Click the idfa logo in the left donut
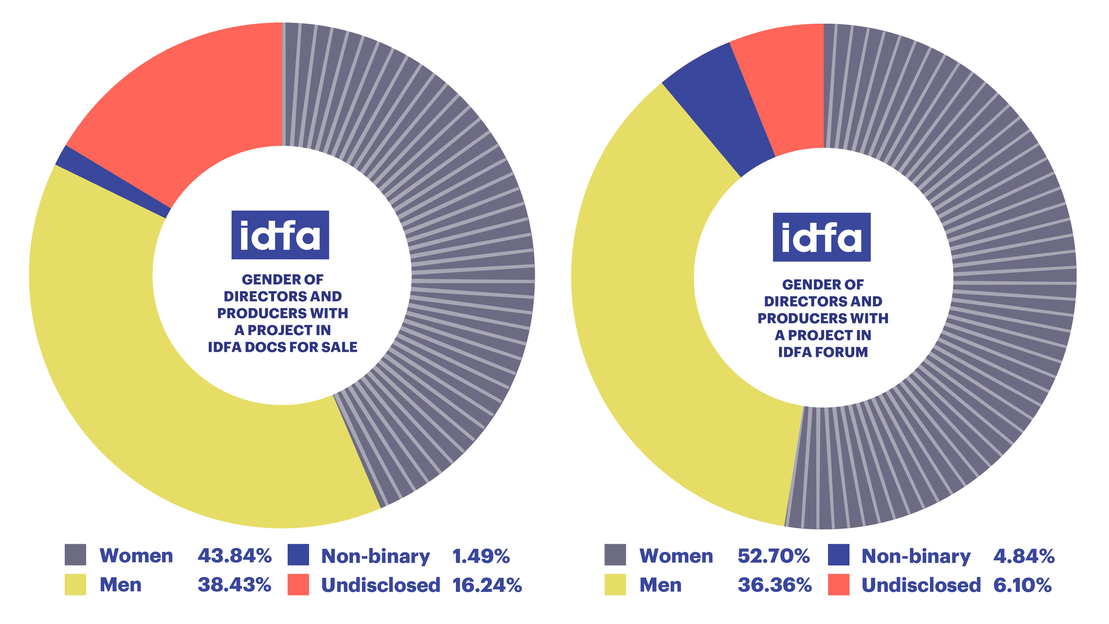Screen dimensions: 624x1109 click(280, 235)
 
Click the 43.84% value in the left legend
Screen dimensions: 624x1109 click(234, 556)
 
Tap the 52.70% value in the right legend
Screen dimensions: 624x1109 click(774, 556)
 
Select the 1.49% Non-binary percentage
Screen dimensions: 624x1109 click(481, 556)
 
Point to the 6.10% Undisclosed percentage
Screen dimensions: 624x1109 click(1022, 585)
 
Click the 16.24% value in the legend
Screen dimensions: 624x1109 click(486, 585)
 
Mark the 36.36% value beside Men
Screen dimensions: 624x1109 click(774, 585)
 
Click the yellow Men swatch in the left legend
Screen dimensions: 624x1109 click(75, 584)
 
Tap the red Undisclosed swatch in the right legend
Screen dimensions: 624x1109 click(838, 584)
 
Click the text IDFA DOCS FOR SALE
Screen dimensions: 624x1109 click(282, 347)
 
